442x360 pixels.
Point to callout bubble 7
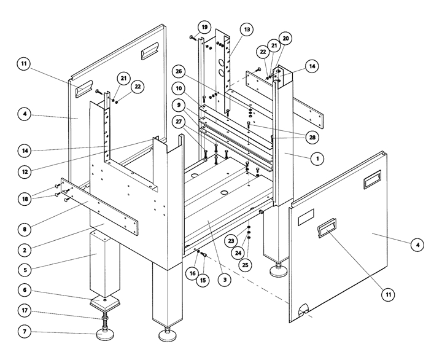point(24,332)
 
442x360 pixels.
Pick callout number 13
point(246,29)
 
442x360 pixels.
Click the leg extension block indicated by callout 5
point(105,264)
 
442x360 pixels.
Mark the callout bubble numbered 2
point(24,250)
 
